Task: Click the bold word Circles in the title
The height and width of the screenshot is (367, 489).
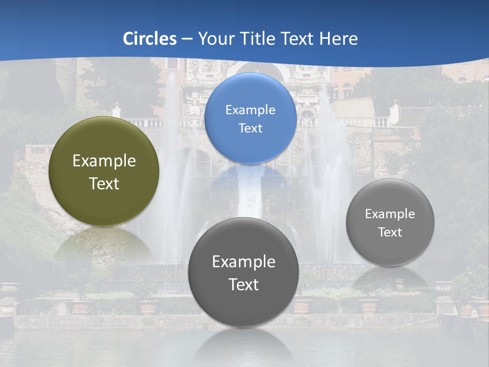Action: coord(150,39)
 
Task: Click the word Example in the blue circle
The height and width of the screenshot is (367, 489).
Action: coord(250,110)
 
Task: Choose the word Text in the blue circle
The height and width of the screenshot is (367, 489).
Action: coord(250,128)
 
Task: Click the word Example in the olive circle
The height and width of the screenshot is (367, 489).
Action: coord(104,161)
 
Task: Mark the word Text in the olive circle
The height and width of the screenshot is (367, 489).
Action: coord(104,183)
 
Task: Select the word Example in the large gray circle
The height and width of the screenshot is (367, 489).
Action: coord(243,261)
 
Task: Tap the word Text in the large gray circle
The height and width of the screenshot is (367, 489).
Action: coord(243,284)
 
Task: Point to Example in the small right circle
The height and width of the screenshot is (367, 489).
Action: coord(390,214)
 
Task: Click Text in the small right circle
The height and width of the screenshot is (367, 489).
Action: coord(390,232)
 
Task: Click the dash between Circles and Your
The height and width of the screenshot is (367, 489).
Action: coord(187,39)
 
